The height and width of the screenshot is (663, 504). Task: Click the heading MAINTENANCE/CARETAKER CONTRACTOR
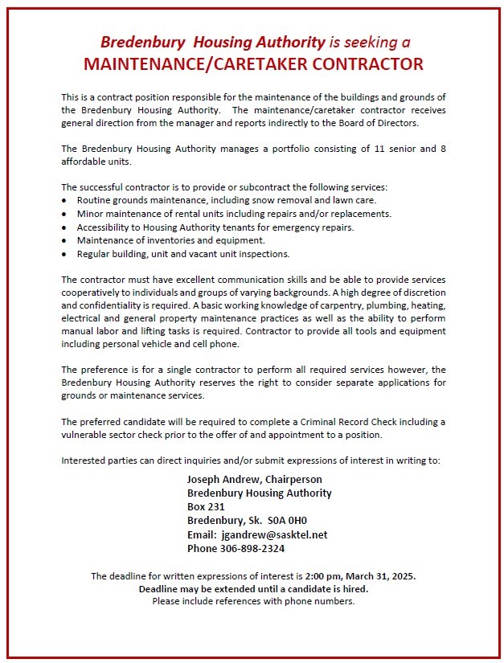click(253, 63)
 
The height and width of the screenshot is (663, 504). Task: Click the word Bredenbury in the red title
click(135, 42)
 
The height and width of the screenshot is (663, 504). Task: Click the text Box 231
click(206, 507)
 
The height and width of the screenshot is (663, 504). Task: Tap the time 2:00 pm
click(329, 576)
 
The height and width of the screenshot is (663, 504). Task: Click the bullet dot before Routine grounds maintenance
click(65, 200)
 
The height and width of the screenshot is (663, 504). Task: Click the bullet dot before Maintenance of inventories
click(65, 241)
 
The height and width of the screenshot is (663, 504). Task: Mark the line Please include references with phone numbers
click(253, 600)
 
